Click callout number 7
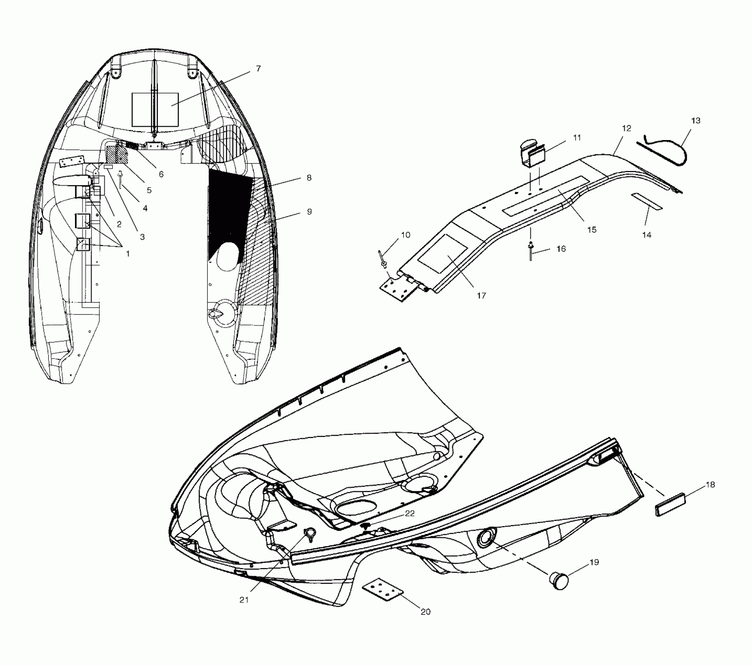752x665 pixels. (258, 69)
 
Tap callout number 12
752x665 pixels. (627, 128)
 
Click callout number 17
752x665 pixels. (482, 296)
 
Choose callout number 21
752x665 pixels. (244, 600)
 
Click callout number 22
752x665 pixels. (410, 513)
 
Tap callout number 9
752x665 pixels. (309, 212)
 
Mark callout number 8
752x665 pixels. (309, 178)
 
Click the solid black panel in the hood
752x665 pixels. (229, 211)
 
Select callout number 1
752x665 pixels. (127, 253)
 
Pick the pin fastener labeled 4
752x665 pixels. (121, 180)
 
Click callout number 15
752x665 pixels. (592, 230)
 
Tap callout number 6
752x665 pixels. (161, 174)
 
